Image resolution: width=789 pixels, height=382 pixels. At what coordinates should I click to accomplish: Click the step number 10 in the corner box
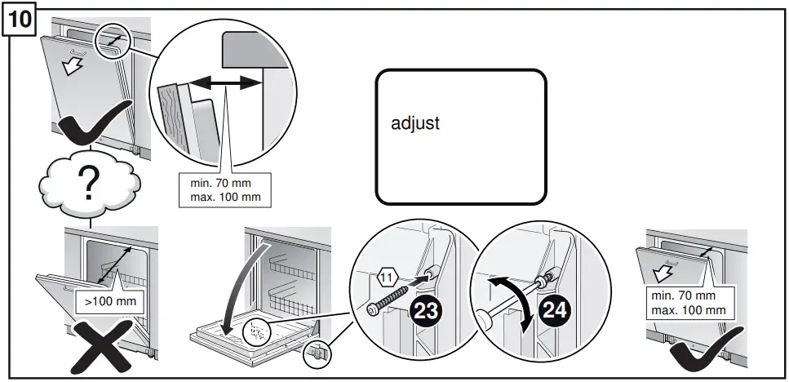tap(20, 20)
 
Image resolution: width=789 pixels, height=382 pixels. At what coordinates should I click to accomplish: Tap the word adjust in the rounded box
tap(415, 124)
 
